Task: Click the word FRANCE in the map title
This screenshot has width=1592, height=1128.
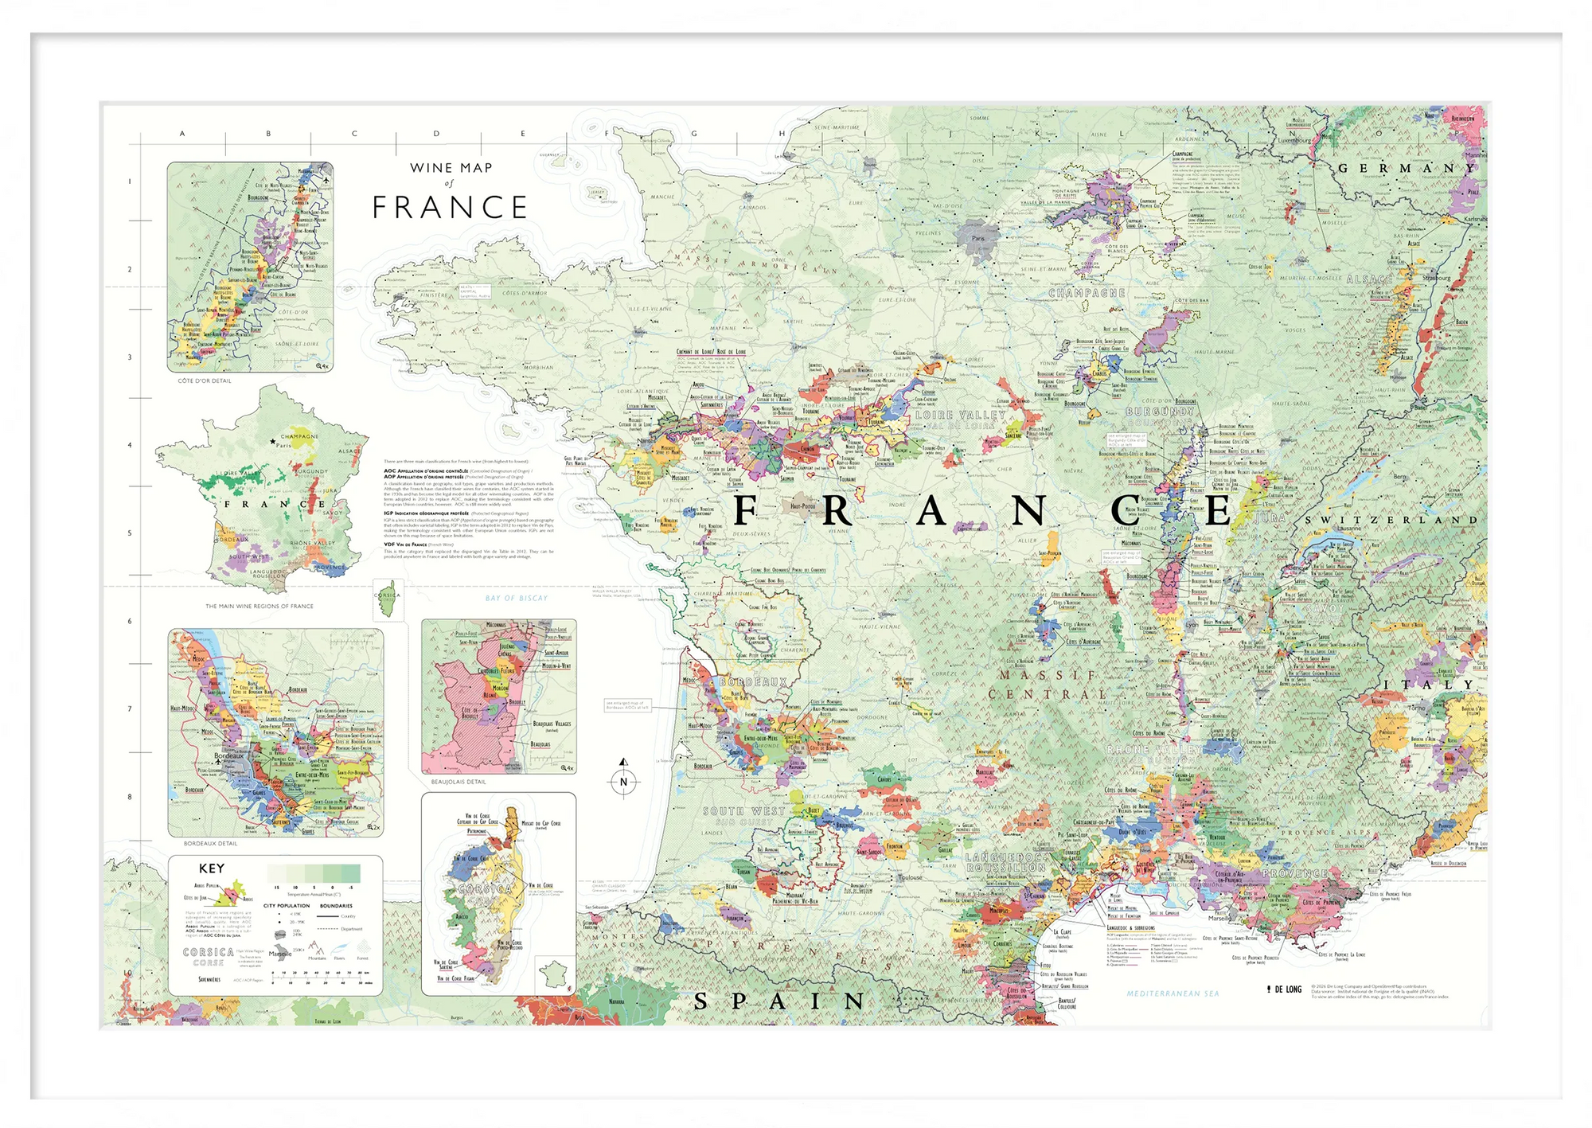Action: pyautogui.click(x=450, y=208)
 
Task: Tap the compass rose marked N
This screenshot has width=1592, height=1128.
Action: pyautogui.click(x=623, y=781)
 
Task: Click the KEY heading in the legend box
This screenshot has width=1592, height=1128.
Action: pyautogui.click(x=212, y=868)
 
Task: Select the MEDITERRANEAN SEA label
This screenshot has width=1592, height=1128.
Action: pyautogui.click(x=1173, y=993)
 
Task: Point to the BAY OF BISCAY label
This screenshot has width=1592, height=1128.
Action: pyautogui.click(x=517, y=598)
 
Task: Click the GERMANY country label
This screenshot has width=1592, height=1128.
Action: pyautogui.click(x=1407, y=169)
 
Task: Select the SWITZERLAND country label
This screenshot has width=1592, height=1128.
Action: pyautogui.click(x=1391, y=520)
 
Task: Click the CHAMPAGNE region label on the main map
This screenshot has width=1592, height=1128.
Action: pyautogui.click(x=1087, y=293)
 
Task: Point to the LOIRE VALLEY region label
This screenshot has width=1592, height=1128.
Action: pyautogui.click(x=961, y=415)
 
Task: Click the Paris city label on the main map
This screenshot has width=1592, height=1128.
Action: pyautogui.click(x=977, y=238)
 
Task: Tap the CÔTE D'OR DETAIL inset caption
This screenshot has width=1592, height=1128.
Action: pyautogui.click(x=205, y=381)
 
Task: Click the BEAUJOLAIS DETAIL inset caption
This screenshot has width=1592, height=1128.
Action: pyautogui.click(x=458, y=782)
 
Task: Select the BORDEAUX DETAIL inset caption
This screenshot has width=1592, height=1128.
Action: pyautogui.click(x=210, y=843)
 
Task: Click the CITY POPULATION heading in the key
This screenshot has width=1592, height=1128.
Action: pyautogui.click(x=287, y=906)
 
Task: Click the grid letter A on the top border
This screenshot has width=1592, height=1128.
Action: pyautogui.click(x=182, y=134)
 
